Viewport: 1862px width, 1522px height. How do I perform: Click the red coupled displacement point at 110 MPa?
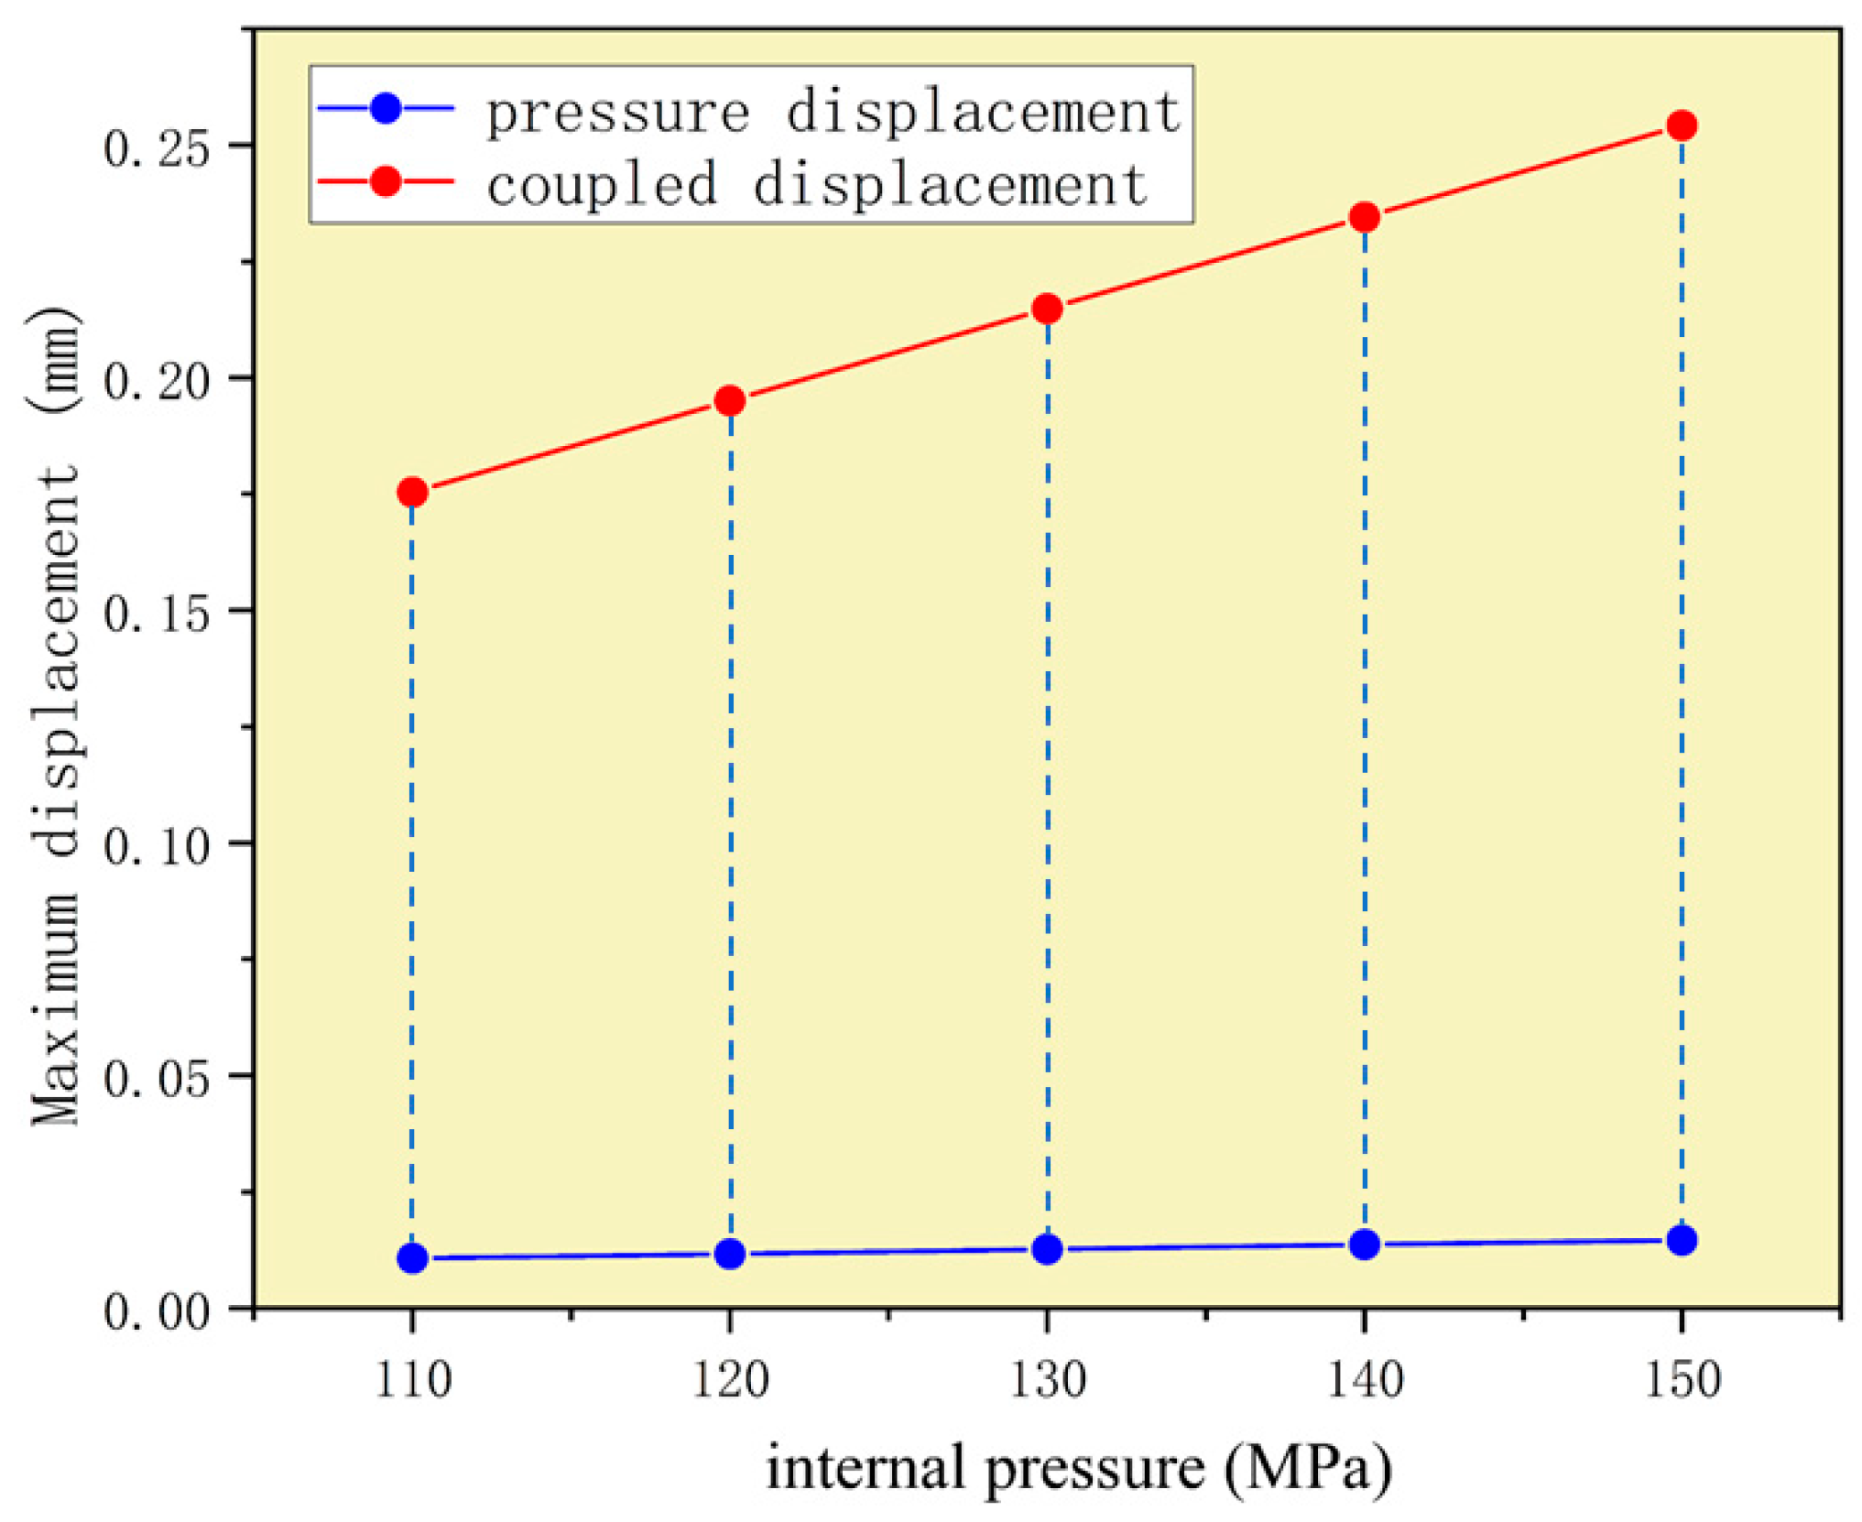(412, 493)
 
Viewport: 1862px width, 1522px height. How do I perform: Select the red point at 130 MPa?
(1047, 310)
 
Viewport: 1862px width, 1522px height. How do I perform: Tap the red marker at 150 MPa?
(1682, 125)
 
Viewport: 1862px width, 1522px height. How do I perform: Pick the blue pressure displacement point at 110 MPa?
(412, 1258)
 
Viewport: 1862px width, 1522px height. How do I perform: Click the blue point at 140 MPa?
(1365, 1245)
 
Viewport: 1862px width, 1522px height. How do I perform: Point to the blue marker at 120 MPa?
(730, 1254)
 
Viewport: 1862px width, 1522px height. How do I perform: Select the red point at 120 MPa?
(730, 401)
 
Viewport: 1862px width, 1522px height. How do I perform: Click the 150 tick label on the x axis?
(1682, 1380)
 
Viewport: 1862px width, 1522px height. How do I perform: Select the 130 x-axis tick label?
(1047, 1380)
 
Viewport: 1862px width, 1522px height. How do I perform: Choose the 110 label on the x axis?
(413, 1380)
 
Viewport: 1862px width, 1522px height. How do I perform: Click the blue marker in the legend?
(387, 108)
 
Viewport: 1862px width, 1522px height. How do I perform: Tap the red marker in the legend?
(387, 181)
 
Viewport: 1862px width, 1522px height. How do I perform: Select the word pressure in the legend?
(617, 114)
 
